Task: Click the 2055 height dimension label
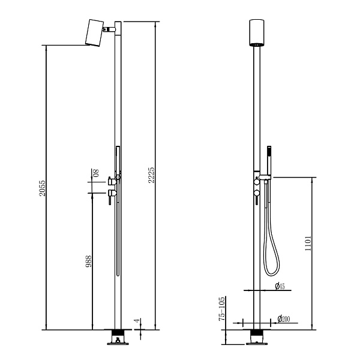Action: click(42, 188)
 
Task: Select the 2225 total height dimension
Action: click(151, 175)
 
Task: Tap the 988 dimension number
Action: click(88, 261)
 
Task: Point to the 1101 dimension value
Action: click(308, 243)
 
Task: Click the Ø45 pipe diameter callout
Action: click(280, 286)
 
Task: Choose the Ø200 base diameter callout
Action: click(284, 319)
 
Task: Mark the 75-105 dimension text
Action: click(222, 309)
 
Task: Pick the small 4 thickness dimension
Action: click(137, 321)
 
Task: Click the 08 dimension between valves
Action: click(96, 173)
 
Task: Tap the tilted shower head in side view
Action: click(94, 33)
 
